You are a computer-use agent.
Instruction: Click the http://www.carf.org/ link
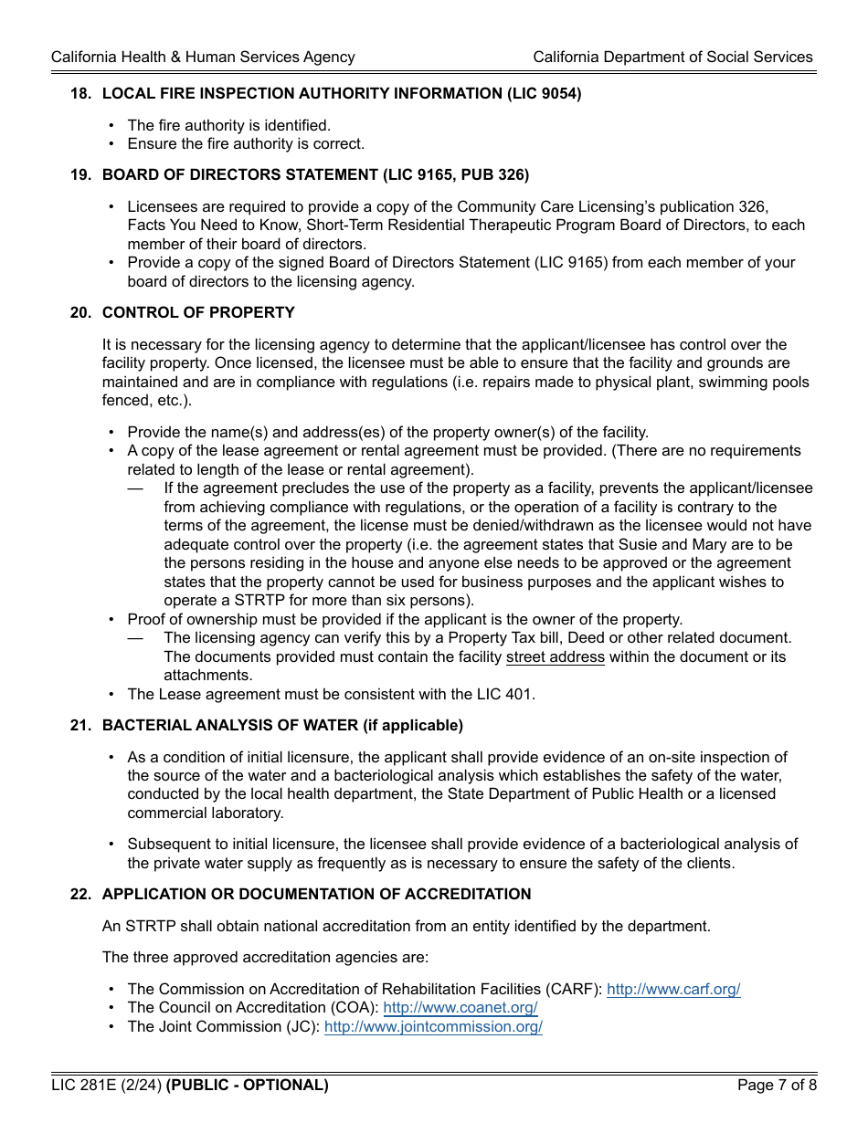(673, 990)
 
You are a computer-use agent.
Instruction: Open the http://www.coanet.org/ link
(460, 1008)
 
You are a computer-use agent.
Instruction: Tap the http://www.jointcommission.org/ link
(433, 1027)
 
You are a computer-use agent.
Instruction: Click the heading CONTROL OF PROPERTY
(198, 313)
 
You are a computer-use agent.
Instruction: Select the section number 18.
(80, 93)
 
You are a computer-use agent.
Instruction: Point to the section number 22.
(80, 895)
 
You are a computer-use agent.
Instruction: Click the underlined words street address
(555, 657)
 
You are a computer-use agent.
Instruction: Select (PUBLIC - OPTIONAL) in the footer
(247, 1086)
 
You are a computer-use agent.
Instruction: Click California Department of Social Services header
(672, 58)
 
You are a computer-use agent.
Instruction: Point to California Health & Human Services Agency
(203, 58)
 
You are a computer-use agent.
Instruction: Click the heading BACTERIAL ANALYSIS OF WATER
(230, 726)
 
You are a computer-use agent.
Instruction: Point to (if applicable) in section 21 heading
(413, 726)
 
